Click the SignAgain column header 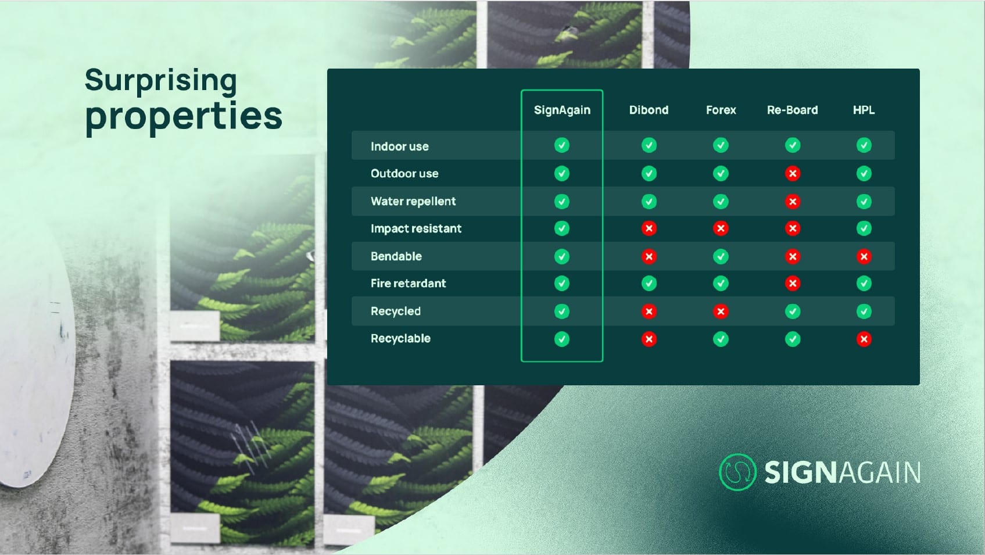click(562, 110)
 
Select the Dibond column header click(649, 110)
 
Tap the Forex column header click(721, 110)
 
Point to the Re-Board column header click(793, 110)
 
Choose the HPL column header click(864, 110)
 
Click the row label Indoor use click(399, 146)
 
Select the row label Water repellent click(413, 202)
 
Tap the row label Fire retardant click(408, 283)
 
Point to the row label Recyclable click(400, 339)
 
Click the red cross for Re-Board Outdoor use click(793, 174)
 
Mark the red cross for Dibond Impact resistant click(649, 228)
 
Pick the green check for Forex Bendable click(721, 256)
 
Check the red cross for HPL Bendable click(864, 256)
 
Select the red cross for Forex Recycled click(721, 311)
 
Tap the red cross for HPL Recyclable click(864, 339)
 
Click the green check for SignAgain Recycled click(561, 311)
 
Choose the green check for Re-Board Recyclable click(793, 339)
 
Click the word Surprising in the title click(160, 81)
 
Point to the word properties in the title click(184, 117)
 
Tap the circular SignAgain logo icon click(737, 472)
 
